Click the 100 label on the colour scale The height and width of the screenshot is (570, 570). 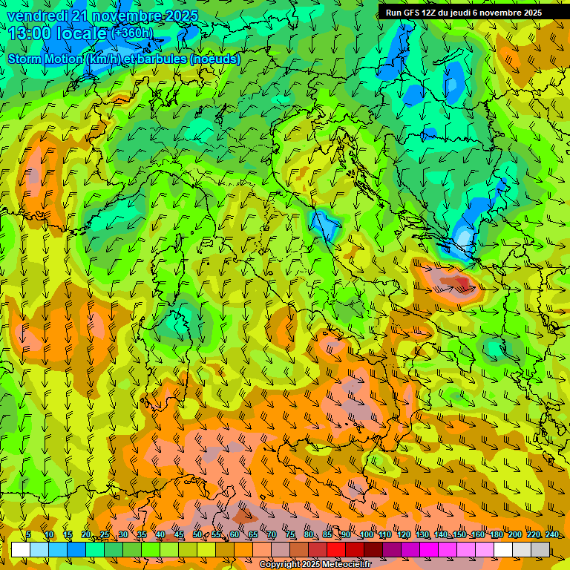tap(367, 535)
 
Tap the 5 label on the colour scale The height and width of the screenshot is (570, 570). tap(28, 535)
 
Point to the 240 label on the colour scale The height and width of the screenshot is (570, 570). tap(552, 535)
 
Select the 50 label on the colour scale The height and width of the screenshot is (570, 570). tap(197, 535)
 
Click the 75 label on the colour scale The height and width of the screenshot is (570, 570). tap(290, 535)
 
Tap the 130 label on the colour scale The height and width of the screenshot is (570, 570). tap(422, 535)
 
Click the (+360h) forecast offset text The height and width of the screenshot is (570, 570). tap(132, 33)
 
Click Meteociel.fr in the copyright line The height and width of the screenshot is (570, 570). tap(352, 565)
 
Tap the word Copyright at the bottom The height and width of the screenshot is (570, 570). tap(279, 565)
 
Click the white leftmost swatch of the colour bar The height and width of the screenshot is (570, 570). tap(21, 549)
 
